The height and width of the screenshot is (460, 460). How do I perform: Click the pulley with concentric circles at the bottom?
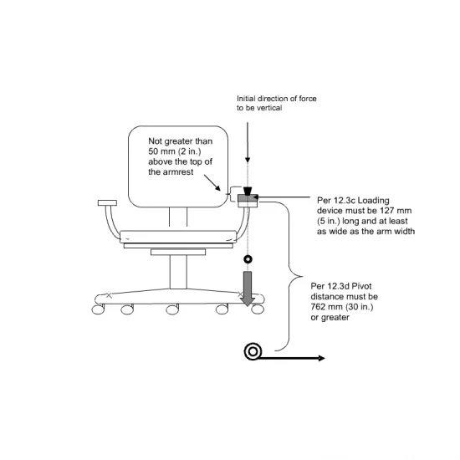click(x=253, y=351)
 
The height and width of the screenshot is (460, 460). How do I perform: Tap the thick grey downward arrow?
click(x=248, y=289)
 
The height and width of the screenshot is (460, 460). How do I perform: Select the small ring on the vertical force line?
click(x=248, y=259)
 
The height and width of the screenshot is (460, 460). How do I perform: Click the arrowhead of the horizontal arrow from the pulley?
click(x=321, y=358)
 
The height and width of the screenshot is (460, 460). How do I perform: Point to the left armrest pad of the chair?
click(x=107, y=202)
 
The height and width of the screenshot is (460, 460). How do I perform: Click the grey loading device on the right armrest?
click(x=248, y=198)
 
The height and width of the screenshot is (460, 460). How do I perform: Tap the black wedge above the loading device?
click(x=248, y=191)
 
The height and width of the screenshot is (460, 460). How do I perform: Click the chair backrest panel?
click(x=178, y=166)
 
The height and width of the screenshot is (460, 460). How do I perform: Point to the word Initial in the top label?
click(x=246, y=99)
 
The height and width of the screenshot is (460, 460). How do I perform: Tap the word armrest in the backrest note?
click(x=178, y=172)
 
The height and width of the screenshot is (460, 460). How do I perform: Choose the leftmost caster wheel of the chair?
click(x=98, y=309)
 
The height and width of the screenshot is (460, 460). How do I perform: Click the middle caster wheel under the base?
click(x=172, y=309)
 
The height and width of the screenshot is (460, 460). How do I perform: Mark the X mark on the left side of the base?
click(x=109, y=295)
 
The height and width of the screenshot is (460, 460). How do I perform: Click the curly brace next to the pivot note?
click(x=289, y=276)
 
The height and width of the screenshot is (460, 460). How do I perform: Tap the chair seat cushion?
click(x=178, y=237)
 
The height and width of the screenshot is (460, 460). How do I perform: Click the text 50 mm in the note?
click(x=162, y=151)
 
